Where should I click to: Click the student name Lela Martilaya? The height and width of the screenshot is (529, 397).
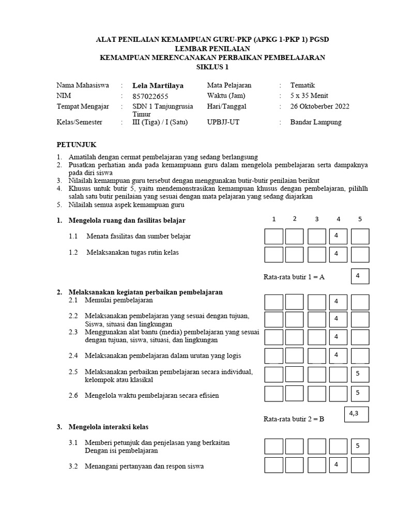pos(158,86)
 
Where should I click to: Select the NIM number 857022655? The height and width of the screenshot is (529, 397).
pos(150,96)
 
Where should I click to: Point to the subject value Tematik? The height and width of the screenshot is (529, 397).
pos(302,86)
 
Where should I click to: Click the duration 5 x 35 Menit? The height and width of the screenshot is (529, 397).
pos(309,96)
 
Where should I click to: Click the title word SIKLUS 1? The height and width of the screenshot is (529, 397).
pos(212,67)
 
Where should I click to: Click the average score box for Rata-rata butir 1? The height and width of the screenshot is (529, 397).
pos(360,276)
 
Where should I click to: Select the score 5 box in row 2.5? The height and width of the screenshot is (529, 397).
pos(360,374)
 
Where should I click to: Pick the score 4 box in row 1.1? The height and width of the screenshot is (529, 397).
pos(338,236)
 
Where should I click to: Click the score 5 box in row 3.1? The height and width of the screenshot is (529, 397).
pos(360,446)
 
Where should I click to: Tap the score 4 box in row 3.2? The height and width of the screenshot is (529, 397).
pos(338,465)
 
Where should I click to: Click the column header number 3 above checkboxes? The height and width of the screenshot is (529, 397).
pos(317,219)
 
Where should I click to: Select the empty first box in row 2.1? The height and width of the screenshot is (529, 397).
pos(273,302)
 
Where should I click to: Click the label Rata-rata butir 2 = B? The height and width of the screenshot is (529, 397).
pos(294,419)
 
